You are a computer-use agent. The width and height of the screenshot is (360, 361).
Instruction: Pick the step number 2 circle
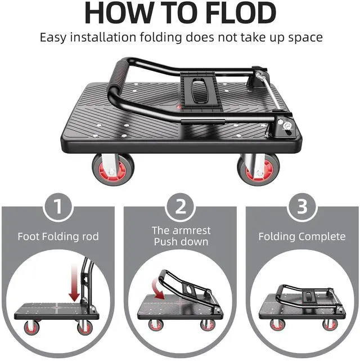click(180, 207)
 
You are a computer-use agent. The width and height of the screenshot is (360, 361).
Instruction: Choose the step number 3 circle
click(302, 207)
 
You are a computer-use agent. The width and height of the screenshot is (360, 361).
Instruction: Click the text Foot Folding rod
click(58, 236)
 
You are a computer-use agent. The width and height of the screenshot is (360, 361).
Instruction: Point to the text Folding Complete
click(302, 236)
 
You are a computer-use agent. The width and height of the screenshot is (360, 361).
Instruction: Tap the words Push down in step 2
click(180, 242)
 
